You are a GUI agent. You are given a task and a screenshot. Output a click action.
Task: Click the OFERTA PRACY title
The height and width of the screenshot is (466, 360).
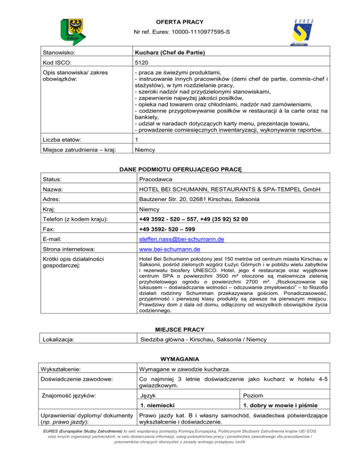180,22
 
